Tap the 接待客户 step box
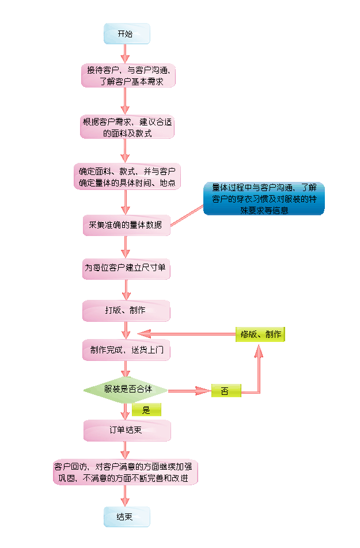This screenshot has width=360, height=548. pos(128,76)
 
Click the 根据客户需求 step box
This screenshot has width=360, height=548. pos(127,127)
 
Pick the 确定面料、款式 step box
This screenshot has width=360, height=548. pos(127,177)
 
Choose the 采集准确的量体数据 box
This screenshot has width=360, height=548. pos(127,224)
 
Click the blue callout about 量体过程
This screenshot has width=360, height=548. pos(264,199)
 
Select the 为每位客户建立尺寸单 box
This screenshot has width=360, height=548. pos(127,268)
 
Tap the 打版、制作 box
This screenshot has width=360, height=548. pos(127,310)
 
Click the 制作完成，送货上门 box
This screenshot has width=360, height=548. pos(127,350)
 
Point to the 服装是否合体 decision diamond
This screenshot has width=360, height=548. pos(126,390)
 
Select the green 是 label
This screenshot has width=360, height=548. pos(146,410)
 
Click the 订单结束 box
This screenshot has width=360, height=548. pos(127,430)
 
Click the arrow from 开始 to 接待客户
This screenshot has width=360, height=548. pos(126,54)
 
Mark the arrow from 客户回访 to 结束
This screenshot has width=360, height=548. pos(126,496)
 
